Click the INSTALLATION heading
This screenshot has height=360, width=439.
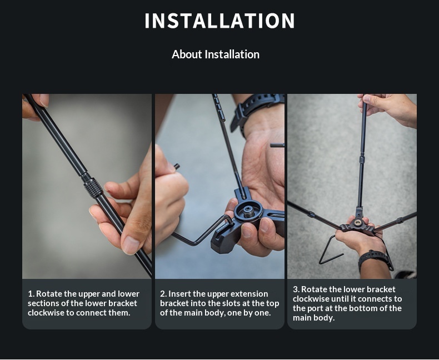coord(219,21)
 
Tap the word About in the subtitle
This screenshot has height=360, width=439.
coord(187,54)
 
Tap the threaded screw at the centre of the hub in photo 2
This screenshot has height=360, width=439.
coord(248,212)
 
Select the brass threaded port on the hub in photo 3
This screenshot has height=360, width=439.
coord(357,223)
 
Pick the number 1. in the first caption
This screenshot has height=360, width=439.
coord(31,294)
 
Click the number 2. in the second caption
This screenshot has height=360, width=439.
coord(163,294)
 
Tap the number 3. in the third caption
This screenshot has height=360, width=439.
coord(296,289)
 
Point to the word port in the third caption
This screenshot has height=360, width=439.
coord(316,308)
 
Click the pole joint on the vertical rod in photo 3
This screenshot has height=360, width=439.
coord(362,159)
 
